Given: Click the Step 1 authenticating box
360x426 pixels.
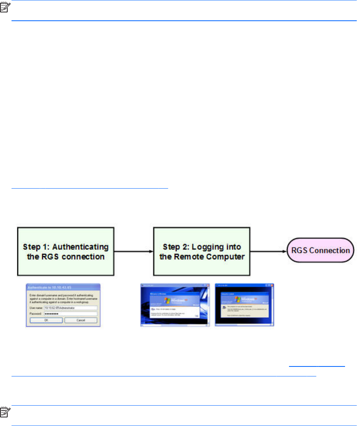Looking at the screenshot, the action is pyautogui.click(x=65, y=251).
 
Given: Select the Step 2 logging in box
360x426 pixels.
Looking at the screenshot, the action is pyautogui.click(x=201, y=251).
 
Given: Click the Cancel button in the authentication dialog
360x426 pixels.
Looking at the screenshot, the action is pyautogui.click(x=81, y=320).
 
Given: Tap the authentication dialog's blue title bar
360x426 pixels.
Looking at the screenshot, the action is pyautogui.click(x=63, y=286).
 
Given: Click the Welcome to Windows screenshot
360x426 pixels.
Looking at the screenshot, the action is pyautogui.click(x=175, y=305).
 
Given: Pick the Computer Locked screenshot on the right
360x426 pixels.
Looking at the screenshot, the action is pyautogui.click(x=244, y=305).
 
